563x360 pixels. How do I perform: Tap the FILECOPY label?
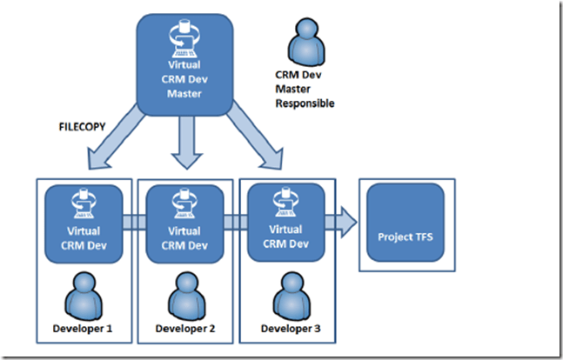coord(83,126)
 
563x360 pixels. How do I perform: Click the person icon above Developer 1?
coord(84,297)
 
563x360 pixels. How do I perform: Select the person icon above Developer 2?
coord(184,297)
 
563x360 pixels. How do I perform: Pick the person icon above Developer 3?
coord(286,297)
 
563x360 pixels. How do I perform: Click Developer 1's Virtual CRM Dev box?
coord(84,223)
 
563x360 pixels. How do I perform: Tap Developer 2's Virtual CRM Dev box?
coord(184,223)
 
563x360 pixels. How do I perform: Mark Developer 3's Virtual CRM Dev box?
coord(286,222)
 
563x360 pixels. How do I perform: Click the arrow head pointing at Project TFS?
coord(346,221)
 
